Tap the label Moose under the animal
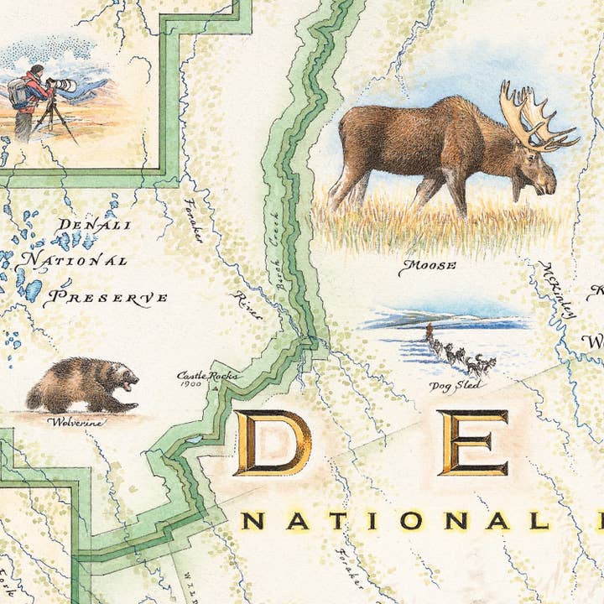pyautogui.click(x=428, y=265)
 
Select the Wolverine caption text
pyautogui.click(x=75, y=422)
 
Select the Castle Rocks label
pyautogui.click(x=206, y=376)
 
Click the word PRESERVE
pyautogui.click(x=107, y=297)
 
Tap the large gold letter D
pyautogui.click(x=270, y=442)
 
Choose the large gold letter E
pyautogui.click(x=475, y=442)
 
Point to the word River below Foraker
pyautogui.click(x=249, y=305)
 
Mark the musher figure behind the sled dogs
pyautogui.click(x=429, y=331)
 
